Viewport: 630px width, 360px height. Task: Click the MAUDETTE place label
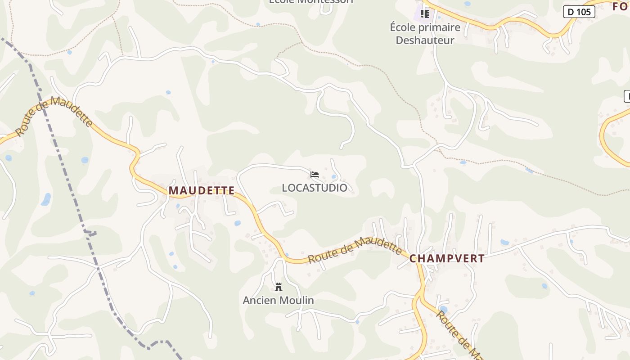[202, 191]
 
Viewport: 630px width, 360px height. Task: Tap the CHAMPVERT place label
[447, 259]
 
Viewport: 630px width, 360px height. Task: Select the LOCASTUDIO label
[315, 188]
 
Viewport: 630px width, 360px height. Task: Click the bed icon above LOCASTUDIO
[315, 175]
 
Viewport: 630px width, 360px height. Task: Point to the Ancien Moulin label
[278, 300]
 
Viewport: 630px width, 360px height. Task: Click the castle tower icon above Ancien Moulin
[279, 287]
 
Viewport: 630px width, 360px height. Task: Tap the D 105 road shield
[579, 12]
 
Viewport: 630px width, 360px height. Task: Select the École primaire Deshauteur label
[425, 34]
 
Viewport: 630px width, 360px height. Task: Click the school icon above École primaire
[424, 14]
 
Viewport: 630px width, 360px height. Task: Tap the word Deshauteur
[425, 40]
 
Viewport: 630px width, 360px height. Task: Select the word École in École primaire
[402, 27]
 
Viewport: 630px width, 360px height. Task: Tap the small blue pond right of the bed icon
[333, 177]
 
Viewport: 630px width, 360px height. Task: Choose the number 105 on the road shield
[584, 12]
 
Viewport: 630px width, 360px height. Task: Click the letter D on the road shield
[571, 12]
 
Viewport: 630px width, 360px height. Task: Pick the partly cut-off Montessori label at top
[311, 2]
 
